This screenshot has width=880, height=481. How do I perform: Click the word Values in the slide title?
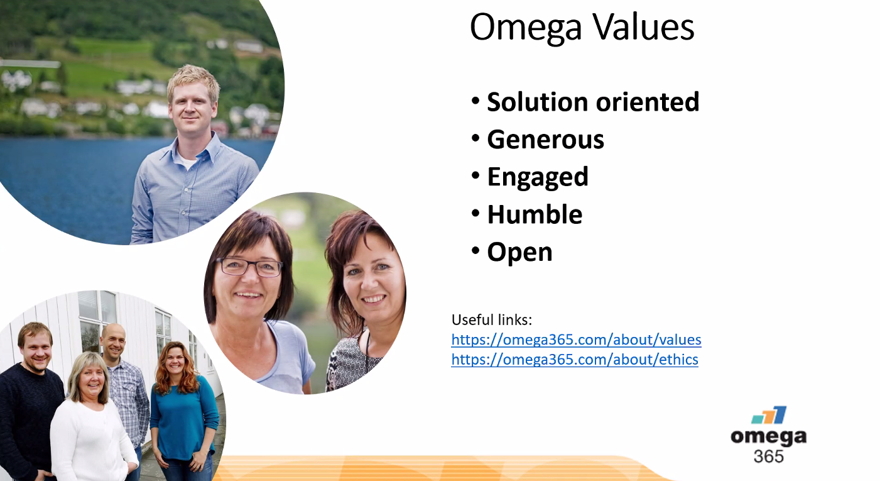643,27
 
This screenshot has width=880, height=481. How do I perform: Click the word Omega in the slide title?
526,28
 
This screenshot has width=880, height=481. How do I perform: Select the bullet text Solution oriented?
593,102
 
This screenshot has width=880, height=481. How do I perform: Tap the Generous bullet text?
546,140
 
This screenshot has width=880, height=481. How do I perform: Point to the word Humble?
535,214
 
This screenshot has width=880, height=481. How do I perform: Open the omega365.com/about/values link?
577,340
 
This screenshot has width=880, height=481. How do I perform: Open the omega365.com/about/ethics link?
575,360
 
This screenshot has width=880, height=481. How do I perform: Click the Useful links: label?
492,320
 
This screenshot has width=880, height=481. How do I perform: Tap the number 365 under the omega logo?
768,456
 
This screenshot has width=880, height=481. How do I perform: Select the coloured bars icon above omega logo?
769,415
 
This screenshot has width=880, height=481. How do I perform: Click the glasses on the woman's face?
249,267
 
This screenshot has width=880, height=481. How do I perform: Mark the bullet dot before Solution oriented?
475,101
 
